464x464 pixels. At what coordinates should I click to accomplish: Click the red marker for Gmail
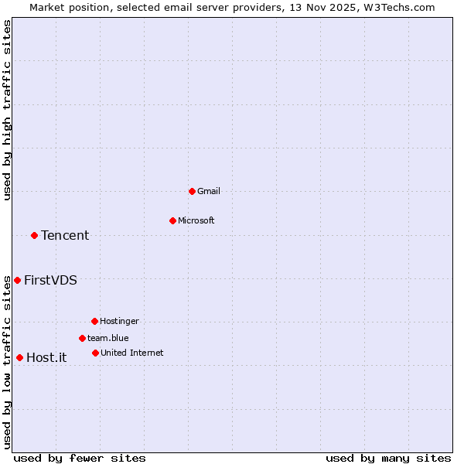192,191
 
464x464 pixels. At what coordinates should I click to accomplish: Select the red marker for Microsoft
172,220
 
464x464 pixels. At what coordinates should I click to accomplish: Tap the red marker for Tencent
34,235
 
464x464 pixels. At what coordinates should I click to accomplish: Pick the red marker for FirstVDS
17,280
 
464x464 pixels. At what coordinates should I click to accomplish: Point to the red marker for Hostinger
94,321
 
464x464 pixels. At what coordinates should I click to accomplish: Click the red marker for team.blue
82,338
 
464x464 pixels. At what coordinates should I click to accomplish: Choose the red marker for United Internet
95,353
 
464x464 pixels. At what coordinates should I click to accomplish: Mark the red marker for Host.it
19,357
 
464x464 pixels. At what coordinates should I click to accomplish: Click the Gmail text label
209,191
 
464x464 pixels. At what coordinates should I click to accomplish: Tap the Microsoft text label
196,220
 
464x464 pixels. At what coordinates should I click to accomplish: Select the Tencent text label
65,235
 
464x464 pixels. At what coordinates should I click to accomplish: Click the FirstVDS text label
50,280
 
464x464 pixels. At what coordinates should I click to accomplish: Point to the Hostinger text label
119,321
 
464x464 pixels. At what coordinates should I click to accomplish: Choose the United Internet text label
131,353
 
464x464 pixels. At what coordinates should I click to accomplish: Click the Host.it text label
46,357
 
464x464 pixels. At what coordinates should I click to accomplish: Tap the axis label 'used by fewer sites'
80,458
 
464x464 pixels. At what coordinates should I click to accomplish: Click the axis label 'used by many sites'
388,458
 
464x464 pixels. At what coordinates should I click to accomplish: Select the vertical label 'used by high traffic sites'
7,110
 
